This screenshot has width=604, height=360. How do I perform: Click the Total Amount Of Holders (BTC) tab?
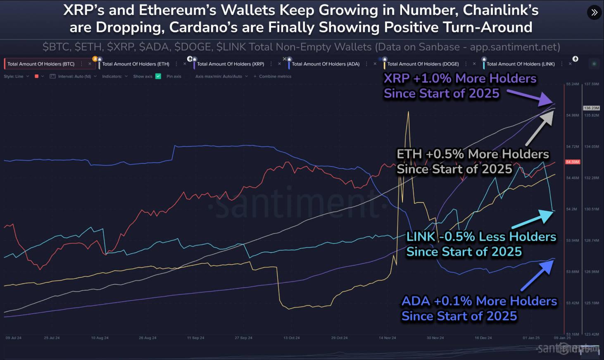click(41, 64)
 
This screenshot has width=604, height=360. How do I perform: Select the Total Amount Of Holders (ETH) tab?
click(136, 64)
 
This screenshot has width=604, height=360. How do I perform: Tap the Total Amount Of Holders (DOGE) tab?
click(423, 64)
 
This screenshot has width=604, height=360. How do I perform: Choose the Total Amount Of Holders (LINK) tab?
click(520, 64)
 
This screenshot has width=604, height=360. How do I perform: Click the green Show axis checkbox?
click(158, 76)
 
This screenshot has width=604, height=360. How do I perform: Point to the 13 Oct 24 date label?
click(291, 338)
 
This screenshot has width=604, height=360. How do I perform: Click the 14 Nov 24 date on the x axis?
click(387, 338)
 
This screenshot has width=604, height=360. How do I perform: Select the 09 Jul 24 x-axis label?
click(14, 338)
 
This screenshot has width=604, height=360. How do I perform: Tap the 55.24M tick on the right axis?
click(573, 84)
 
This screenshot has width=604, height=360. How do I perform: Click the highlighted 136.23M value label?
click(591, 108)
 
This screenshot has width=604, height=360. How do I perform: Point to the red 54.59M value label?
click(573, 162)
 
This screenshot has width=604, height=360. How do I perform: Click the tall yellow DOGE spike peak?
click(408, 112)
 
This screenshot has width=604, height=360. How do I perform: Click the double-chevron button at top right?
click(594, 12)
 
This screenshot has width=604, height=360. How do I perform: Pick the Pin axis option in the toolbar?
click(174, 76)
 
